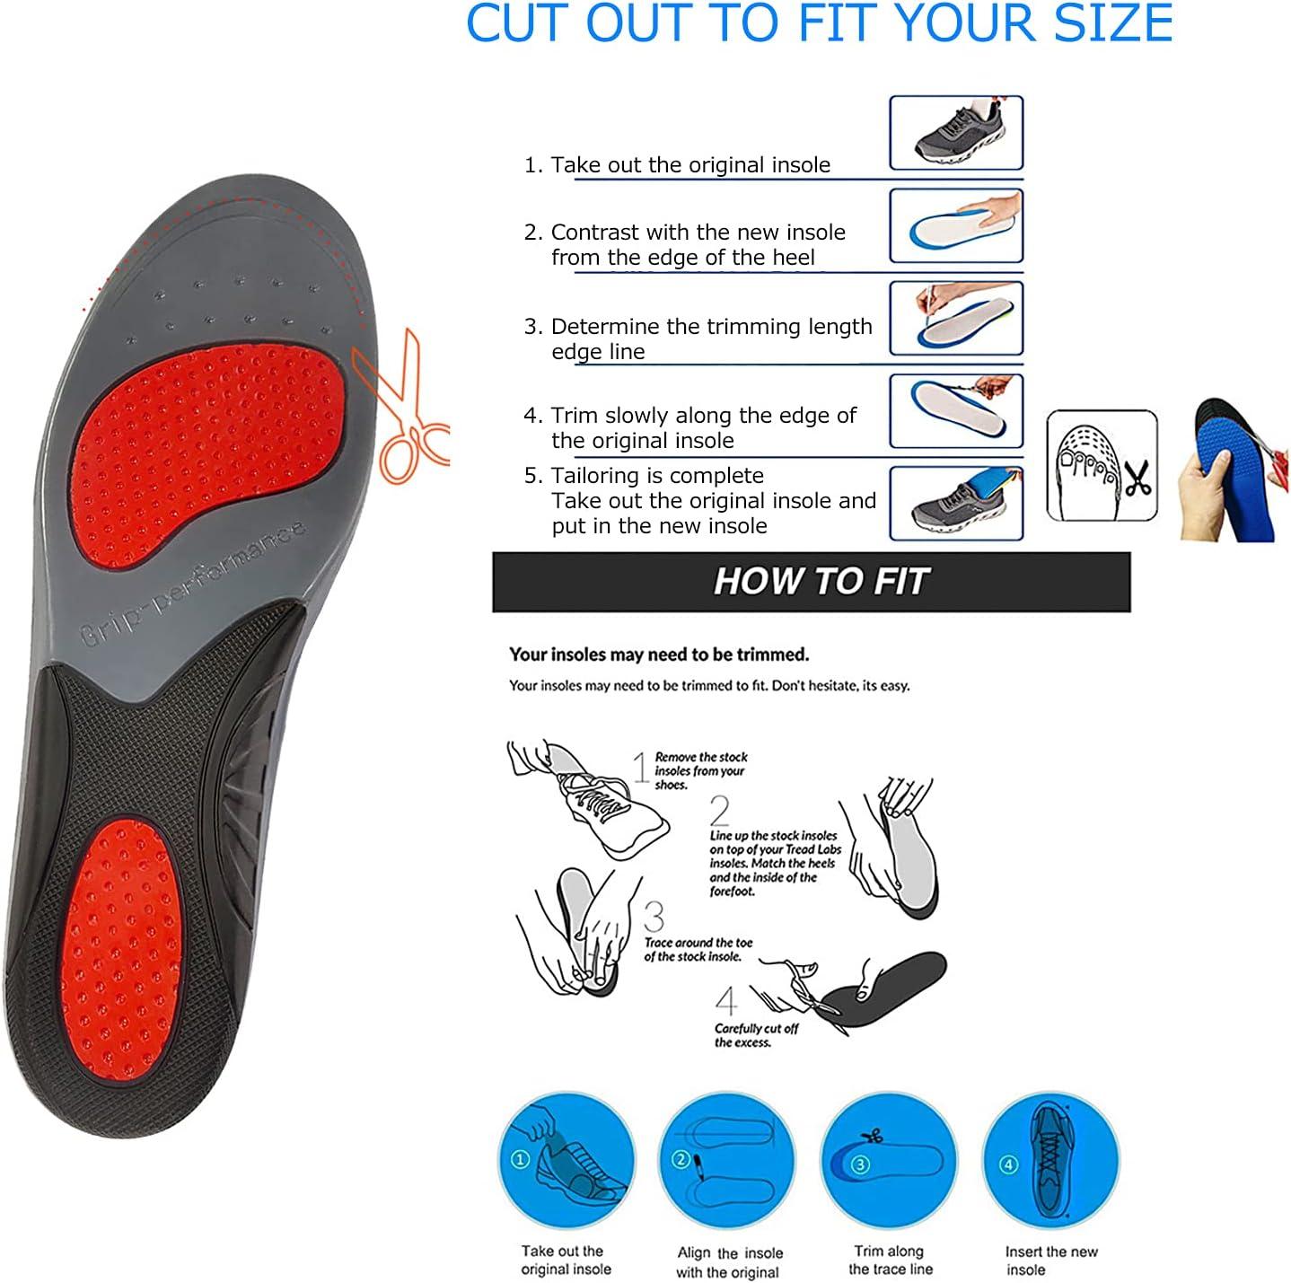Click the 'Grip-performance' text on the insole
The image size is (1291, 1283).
[x=193, y=584]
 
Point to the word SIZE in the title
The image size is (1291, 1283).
[x=1113, y=23]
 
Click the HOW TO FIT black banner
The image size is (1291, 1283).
[x=811, y=582]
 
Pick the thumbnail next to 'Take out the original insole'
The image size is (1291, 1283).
[x=956, y=133]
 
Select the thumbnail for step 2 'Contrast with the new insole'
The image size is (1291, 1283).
[x=956, y=225]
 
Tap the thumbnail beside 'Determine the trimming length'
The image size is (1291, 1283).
[x=956, y=318]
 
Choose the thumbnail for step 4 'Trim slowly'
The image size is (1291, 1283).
[x=956, y=411]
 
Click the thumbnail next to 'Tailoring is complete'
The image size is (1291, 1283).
[x=956, y=503]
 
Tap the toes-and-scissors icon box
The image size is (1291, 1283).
[x=1102, y=466]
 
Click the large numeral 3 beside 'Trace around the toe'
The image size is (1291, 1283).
[x=654, y=918]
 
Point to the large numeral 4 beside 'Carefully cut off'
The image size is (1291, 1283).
[x=726, y=1001]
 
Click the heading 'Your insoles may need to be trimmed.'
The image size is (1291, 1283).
[x=659, y=655]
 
